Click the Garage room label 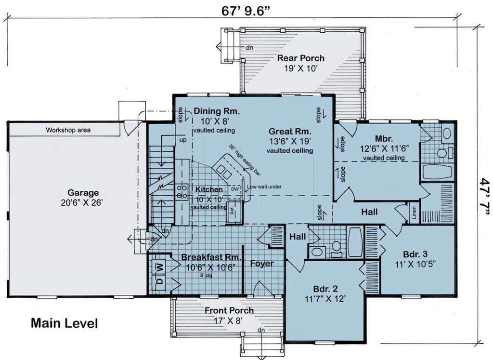click(83, 193)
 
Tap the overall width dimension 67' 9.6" click(246, 11)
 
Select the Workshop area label click(68, 130)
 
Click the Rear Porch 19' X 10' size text click(301, 68)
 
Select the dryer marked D click(160, 280)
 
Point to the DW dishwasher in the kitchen click(235, 189)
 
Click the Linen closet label click(414, 213)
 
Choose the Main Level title click(65, 323)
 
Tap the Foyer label click(262, 264)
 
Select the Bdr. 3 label click(415, 254)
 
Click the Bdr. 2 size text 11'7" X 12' click(325, 299)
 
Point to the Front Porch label click(229, 310)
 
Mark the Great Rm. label click(290, 131)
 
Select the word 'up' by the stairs click(182, 140)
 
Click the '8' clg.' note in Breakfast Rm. click(207, 276)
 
